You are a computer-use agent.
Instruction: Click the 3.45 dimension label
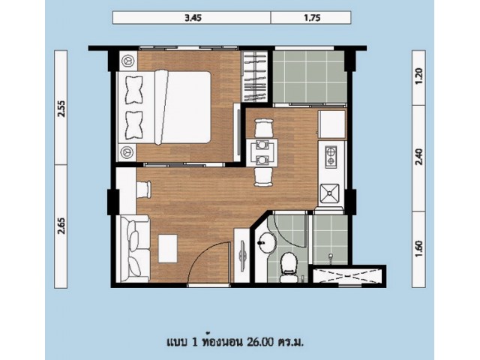pos(193,18)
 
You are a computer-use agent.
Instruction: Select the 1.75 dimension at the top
pos(312,18)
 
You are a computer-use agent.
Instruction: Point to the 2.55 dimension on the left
pos(61,108)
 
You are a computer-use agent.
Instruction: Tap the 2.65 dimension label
pos(61,226)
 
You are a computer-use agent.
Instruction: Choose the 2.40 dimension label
pos(419,157)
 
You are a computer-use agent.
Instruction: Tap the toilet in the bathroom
pos(288,267)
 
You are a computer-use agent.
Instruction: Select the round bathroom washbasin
pos(266,243)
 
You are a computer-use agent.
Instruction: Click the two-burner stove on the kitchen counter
pos(331,157)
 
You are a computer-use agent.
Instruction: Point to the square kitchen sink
pos(329,193)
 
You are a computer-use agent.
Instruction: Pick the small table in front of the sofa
pos(168,248)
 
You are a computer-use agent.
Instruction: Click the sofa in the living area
pos(134,248)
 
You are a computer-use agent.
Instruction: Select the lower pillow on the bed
pos(133,125)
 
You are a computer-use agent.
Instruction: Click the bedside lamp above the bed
pos(127,61)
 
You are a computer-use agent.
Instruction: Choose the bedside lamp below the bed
pos(127,152)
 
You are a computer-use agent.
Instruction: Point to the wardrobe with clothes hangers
pos(254,76)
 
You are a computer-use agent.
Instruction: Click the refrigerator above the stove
pos(332,124)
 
